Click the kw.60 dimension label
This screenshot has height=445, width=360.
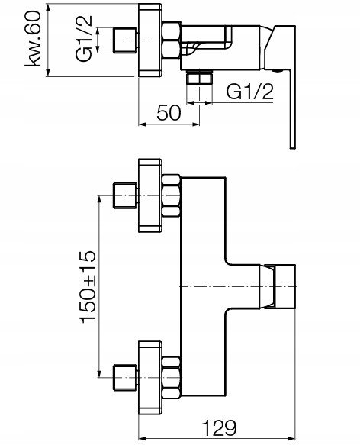tap(33, 39)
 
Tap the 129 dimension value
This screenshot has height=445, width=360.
tap(220, 427)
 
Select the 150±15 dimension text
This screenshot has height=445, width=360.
tap(88, 287)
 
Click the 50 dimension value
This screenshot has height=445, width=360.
tap(169, 113)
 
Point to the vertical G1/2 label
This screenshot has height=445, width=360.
tap(84, 38)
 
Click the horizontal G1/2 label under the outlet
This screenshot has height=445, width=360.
tap(250, 92)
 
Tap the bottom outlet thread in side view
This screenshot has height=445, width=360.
tap(199, 78)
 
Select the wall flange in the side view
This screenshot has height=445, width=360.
tap(150, 40)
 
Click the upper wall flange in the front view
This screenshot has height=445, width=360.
tap(150, 195)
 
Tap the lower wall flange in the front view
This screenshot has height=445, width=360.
tap(150, 378)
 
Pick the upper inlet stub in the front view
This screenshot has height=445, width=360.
tap(125, 196)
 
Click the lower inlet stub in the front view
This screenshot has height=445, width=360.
tap(125, 378)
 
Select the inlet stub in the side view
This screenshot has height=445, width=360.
tap(125, 40)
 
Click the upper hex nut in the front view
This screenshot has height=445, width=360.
tap(172, 196)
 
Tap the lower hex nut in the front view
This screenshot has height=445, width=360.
tap(172, 378)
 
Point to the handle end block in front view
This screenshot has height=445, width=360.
tap(285, 286)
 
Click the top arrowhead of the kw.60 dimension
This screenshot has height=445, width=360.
tap(47, 8)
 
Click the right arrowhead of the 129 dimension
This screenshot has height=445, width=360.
tap(291, 438)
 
